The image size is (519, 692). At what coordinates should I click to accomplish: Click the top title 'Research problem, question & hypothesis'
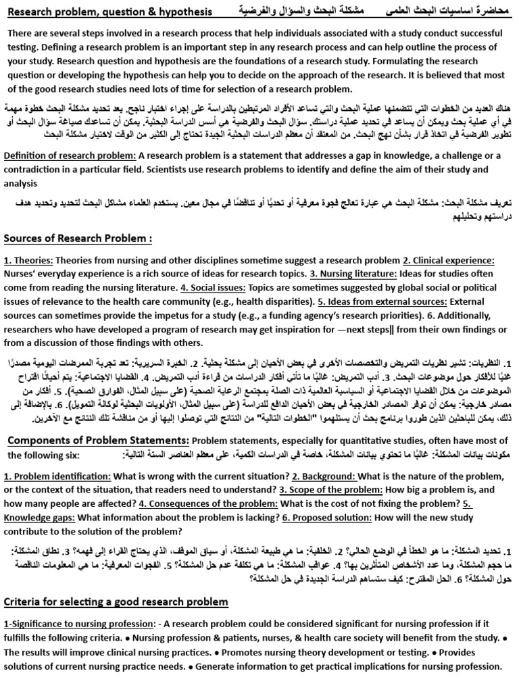[x=109, y=12]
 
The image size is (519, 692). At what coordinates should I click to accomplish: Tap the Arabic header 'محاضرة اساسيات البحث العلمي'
[x=447, y=12]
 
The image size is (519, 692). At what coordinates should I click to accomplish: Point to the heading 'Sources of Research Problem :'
[x=78, y=238]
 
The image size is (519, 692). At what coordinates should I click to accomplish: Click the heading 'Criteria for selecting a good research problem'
[x=116, y=583]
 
